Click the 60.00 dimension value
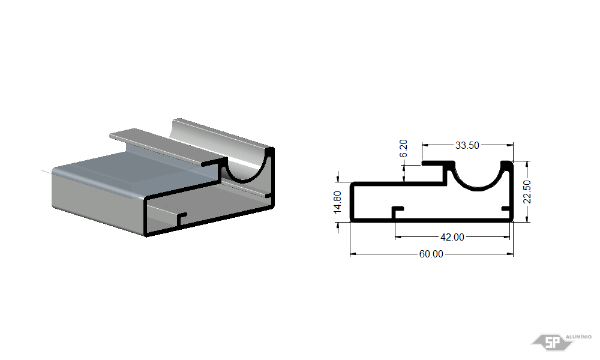pyautogui.click(x=431, y=254)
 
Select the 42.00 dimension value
pyautogui.click(x=452, y=237)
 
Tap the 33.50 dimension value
pyautogui.click(x=467, y=145)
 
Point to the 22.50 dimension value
pyautogui.click(x=527, y=191)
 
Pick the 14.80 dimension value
pyautogui.click(x=337, y=202)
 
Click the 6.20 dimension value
pyautogui.click(x=403, y=148)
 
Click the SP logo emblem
pyautogui.click(x=552, y=342)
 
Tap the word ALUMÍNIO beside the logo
pyautogui.click(x=578, y=337)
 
